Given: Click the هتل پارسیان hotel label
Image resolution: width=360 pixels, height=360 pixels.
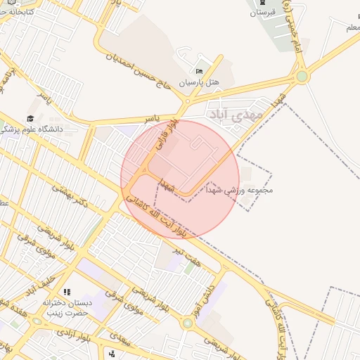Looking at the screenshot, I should click(x=198, y=82).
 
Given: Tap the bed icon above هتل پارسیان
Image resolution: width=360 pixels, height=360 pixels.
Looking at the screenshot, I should click(x=199, y=72).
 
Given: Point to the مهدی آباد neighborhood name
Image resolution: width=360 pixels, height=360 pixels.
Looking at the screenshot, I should click(x=235, y=112).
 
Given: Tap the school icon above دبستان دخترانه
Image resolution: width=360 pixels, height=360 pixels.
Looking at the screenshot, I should click(x=67, y=292).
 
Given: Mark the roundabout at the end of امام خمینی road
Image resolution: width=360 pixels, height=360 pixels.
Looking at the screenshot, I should click(x=302, y=76).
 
